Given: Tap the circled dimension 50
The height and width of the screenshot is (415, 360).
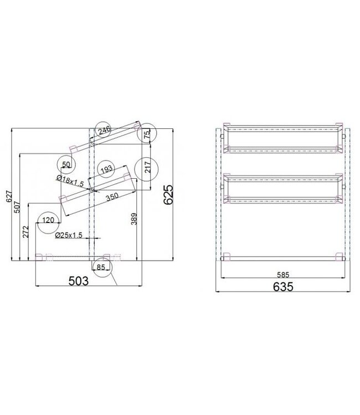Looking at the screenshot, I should pyautogui.click(x=66, y=164).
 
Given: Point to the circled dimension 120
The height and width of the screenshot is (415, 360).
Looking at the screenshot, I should pyautogui.click(x=48, y=221).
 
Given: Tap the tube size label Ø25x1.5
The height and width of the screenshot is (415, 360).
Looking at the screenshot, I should pyautogui.click(x=69, y=235).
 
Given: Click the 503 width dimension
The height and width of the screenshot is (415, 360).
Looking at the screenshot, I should pyautogui.click(x=79, y=281).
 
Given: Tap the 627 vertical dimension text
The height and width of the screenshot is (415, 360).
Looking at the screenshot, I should pyautogui.click(x=9, y=195).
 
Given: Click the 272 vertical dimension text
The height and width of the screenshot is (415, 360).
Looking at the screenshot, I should pyautogui.click(x=25, y=231).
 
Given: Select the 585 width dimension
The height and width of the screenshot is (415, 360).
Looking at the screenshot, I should pyautogui.click(x=282, y=272).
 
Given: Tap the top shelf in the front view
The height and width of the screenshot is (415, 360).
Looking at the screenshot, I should pyautogui.click(x=282, y=138).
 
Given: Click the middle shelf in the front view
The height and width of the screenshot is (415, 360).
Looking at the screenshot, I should pyautogui.click(x=282, y=188).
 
